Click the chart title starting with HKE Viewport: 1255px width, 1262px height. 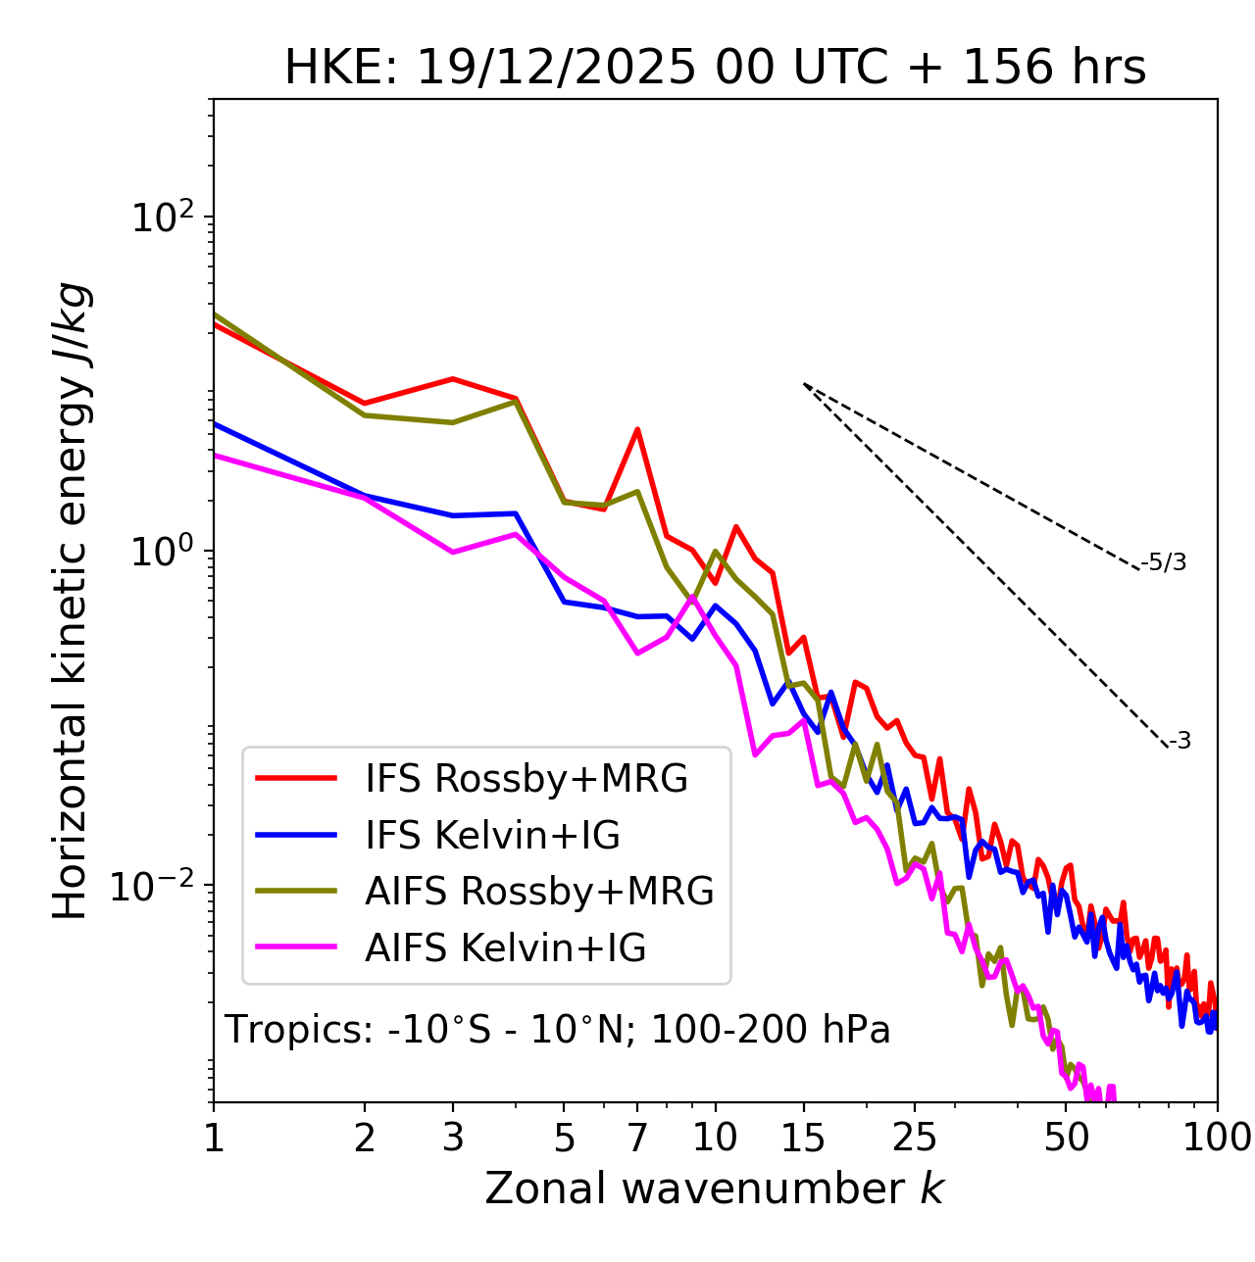[715, 68]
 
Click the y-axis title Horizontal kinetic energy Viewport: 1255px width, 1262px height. [71, 601]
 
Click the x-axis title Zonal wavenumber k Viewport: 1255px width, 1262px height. [714, 1188]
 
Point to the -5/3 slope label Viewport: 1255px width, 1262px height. [1164, 563]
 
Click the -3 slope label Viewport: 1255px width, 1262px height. [1180, 742]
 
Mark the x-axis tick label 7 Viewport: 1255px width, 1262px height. [637, 1138]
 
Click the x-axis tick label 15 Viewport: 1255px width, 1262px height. [803, 1138]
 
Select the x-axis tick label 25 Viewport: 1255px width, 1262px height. [915, 1138]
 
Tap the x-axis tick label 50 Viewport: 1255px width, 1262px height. [1067, 1138]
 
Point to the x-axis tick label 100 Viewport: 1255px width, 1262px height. [1217, 1138]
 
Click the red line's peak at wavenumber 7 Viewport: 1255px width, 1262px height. [637, 429]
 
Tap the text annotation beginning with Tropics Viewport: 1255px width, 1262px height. [557, 1030]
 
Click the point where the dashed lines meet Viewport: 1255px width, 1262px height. [804, 384]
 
